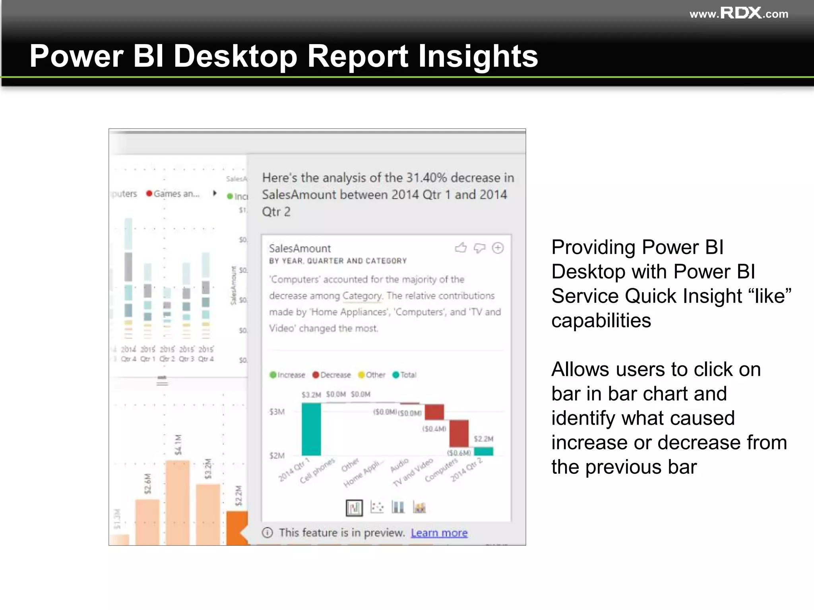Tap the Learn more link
pos(439,533)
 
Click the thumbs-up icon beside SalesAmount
pos(461,248)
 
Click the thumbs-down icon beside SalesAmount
pos(479,248)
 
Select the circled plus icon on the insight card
pos(498,248)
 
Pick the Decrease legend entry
pos(331,375)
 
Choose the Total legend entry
pos(404,375)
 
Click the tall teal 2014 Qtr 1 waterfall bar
pos(311,429)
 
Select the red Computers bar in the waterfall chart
pos(459,433)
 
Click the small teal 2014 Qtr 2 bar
pos(484,451)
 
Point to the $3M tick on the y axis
pos(277,412)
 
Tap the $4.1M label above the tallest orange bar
pos(178,444)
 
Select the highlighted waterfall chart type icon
pos(354,507)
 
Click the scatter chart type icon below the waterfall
pos(376,507)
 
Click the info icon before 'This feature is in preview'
pos(267,533)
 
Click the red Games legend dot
pos(149,193)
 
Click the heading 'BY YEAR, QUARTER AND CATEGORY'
pos(338,261)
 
